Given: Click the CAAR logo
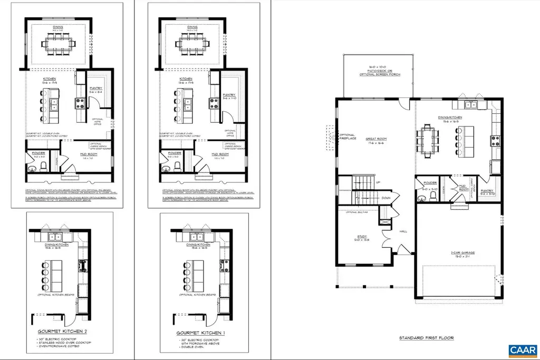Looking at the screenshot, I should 521,350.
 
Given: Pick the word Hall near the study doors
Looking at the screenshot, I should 403,230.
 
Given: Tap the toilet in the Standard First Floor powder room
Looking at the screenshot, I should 433,196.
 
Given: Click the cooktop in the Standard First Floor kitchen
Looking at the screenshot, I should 496,140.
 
